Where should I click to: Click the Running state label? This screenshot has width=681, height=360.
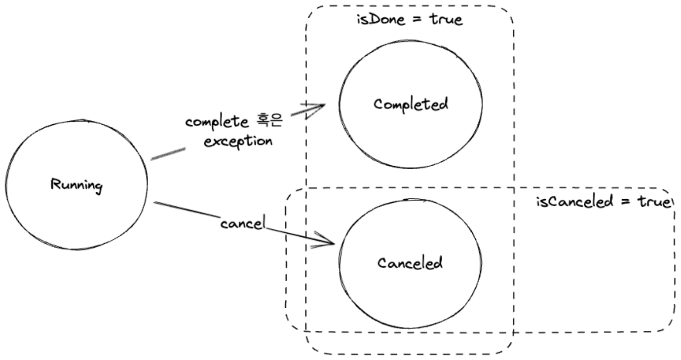[76, 186]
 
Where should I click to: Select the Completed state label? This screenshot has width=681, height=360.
[411, 105]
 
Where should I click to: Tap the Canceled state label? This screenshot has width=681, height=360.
[410, 263]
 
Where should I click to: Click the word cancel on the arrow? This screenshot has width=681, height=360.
[242, 223]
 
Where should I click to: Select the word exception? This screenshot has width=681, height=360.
[238, 142]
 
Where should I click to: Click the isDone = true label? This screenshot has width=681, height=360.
[409, 21]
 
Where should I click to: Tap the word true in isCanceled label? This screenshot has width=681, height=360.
[654, 203]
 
